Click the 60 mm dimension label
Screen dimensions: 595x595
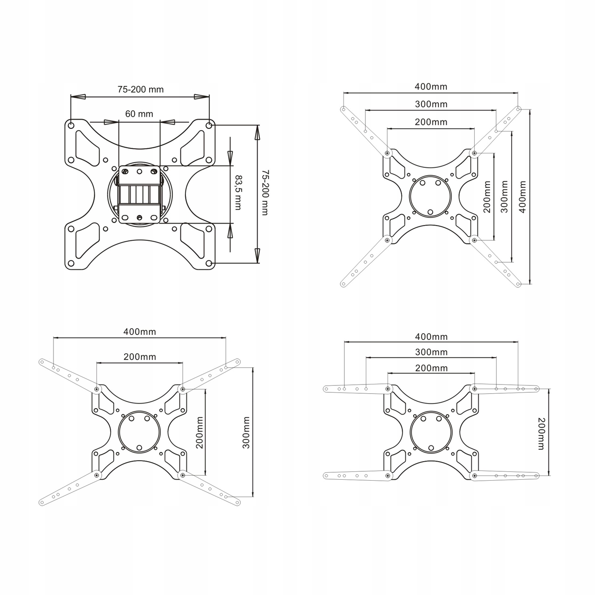(x=139, y=114)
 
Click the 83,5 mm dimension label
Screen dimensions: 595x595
(x=238, y=193)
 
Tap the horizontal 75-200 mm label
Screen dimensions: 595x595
(x=140, y=90)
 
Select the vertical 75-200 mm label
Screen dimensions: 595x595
(x=265, y=192)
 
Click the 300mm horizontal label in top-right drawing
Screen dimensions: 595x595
(x=431, y=105)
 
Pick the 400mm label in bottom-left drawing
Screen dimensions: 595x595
(x=139, y=332)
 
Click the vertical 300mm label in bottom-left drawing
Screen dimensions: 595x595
(x=246, y=433)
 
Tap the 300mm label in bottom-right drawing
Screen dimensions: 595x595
(x=431, y=352)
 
